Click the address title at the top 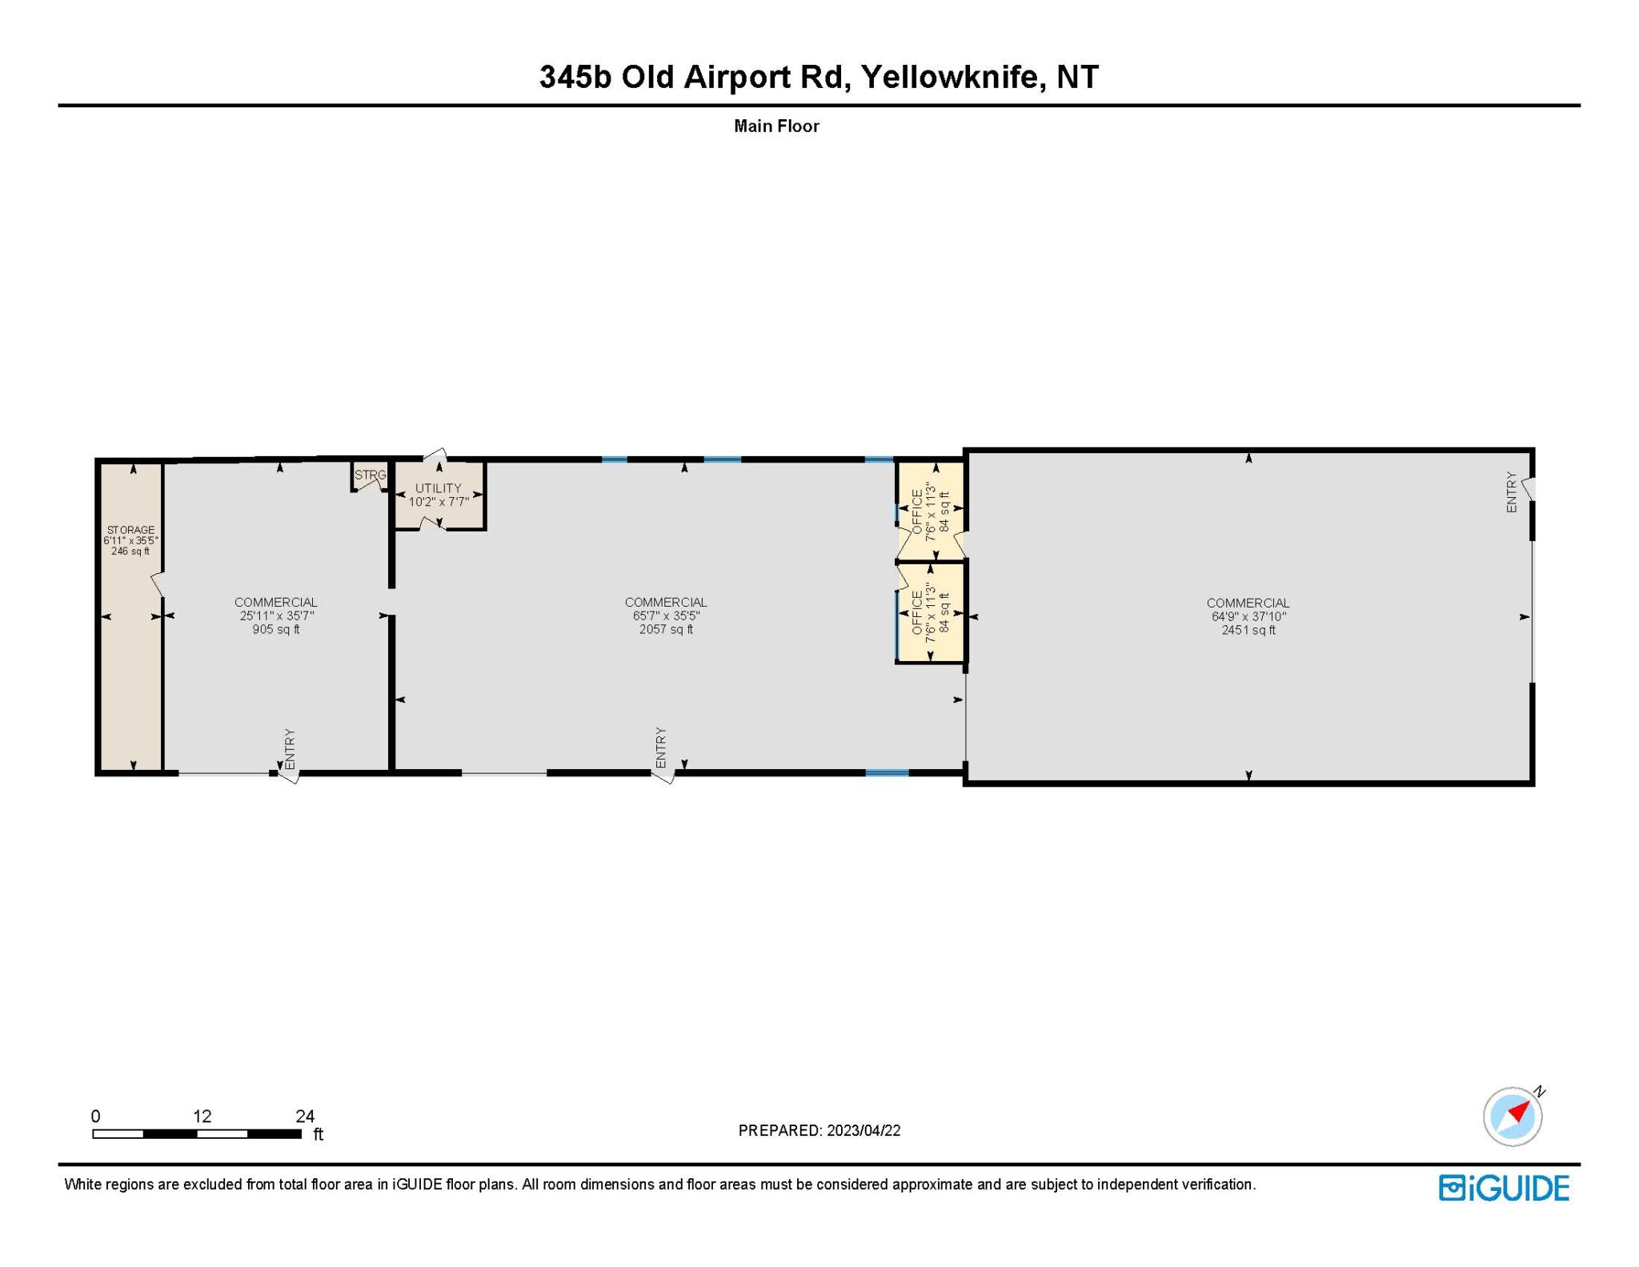tap(819, 77)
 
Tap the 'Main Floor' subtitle tap(776, 126)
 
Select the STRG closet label tap(370, 475)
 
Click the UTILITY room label tap(439, 488)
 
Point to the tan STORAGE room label tap(131, 530)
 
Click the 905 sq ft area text tap(276, 630)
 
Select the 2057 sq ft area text tap(666, 630)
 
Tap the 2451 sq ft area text tap(1248, 631)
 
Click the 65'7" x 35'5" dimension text tap(666, 616)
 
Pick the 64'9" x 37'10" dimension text tap(1248, 617)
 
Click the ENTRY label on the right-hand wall tap(1511, 492)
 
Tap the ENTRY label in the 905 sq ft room tap(290, 749)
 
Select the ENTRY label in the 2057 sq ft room tap(660, 748)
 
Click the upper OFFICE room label tap(917, 511)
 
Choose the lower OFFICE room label tap(917, 612)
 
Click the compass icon tap(1513, 1117)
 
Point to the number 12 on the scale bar tap(202, 1116)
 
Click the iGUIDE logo tap(1504, 1188)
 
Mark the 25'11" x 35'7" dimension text tap(276, 616)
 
